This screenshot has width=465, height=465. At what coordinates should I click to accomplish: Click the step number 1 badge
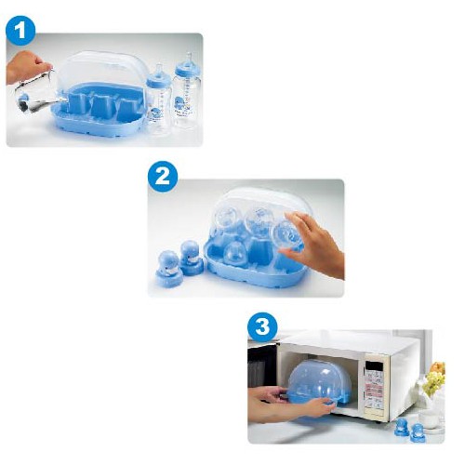[x=20, y=33]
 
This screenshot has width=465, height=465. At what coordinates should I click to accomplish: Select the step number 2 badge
[x=163, y=178]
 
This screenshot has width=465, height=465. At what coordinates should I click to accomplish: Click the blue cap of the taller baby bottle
[x=187, y=66]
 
